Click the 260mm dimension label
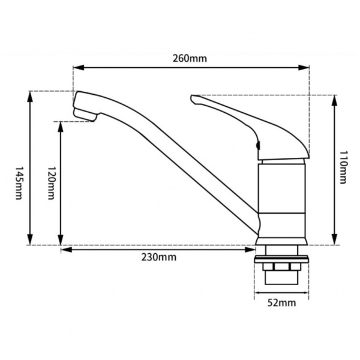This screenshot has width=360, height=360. [190, 58]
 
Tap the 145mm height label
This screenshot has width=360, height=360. [19, 183]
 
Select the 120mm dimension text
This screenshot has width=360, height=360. [51, 183]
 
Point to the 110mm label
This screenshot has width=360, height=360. [343, 167]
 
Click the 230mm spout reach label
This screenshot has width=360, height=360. [159, 257]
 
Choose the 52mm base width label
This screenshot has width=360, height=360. [281, 303]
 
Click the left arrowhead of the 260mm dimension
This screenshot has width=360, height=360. [78, 67]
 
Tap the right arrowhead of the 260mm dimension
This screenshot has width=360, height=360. [304, 67]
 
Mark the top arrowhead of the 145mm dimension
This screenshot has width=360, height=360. [30, 97]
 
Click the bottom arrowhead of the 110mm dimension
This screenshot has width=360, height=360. [335, 239]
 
